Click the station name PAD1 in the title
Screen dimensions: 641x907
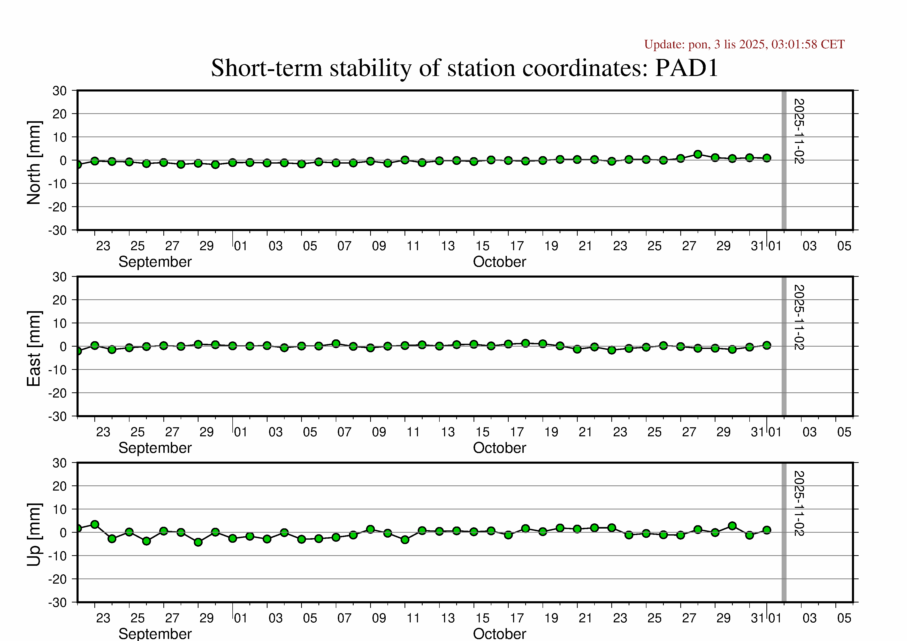tap(686, 68)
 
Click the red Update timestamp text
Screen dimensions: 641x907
tap(744, 44)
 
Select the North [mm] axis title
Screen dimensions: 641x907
tap(34, 163)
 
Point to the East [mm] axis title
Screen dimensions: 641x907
tap(34, 348)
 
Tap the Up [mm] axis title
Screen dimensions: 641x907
tap(34, 534)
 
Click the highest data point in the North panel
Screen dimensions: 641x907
tap(698, 154)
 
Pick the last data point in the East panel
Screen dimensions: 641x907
tap(767, 346)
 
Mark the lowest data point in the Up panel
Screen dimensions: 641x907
tap(198, 542)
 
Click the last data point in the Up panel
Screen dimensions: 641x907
tap(767, 530)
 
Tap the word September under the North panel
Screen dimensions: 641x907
tap(155, 262)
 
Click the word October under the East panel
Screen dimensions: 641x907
tap(499, 448)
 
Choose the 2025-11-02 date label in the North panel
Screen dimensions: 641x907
tap(799, 131)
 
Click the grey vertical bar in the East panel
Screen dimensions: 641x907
tap(784, 346)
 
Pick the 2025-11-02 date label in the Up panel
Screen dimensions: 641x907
tap(799, 503)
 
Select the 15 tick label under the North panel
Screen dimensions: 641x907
tap(482, 246)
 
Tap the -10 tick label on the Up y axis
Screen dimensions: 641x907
tap(58, 556)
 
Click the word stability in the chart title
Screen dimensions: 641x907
tap(371, 68)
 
